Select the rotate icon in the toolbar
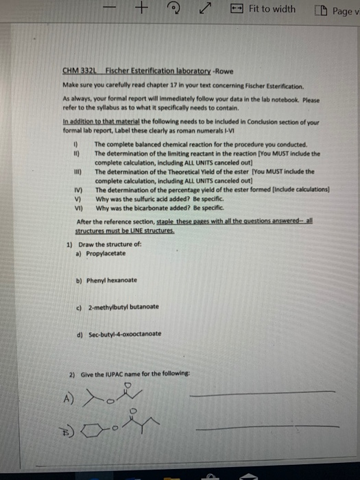click(174, 9)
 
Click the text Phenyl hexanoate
click(111, 280)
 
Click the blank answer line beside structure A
click(263, 393)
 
